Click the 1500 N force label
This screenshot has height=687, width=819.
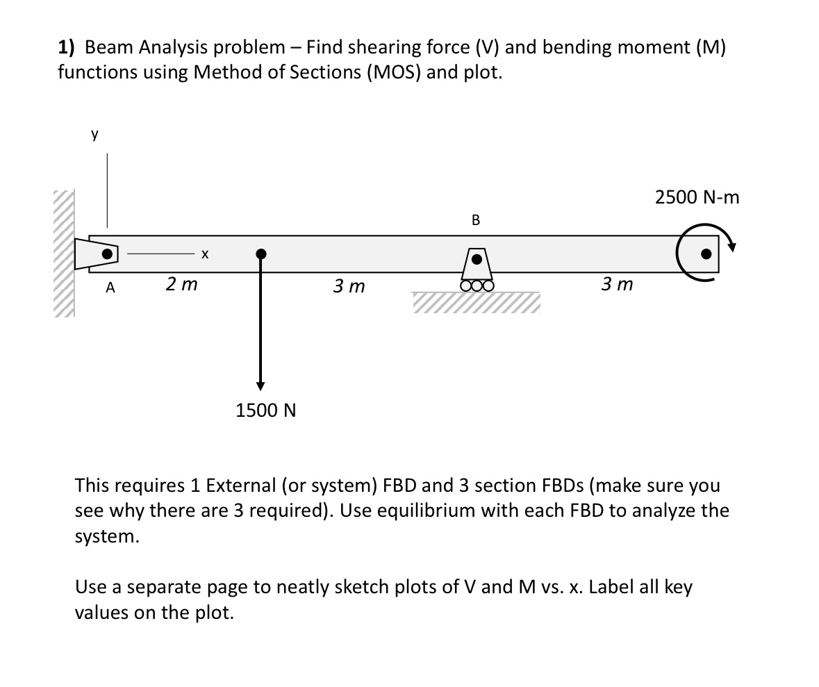(266, 411)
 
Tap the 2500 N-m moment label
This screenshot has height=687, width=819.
(697, 198)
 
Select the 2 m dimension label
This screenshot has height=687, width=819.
(181, 283)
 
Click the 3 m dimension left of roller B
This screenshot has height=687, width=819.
(349, 285)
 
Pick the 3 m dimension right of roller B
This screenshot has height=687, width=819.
(618, 284)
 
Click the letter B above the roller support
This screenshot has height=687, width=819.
(475, 221)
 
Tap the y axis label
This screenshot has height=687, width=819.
(94, 135)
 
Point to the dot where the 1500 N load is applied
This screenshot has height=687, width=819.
(260, 254)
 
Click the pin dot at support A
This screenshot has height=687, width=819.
(106, 254)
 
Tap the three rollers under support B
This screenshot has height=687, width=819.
(477, 284)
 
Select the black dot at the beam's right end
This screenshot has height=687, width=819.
(706, 254)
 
